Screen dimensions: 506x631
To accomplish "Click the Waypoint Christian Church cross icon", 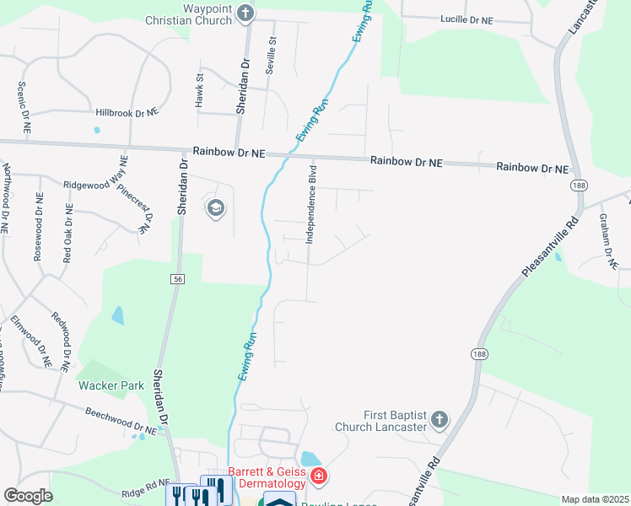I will tap(245, 13).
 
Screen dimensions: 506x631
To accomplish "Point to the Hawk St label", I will tap(200, 89).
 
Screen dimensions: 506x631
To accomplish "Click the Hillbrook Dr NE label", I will tap(127, 112).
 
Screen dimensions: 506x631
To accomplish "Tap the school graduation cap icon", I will tap(215, 208).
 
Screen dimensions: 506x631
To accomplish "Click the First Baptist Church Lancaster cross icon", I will tap(439, 420).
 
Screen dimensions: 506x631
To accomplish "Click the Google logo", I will tap(28, 496).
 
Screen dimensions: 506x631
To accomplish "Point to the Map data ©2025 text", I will tap(595, 499).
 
